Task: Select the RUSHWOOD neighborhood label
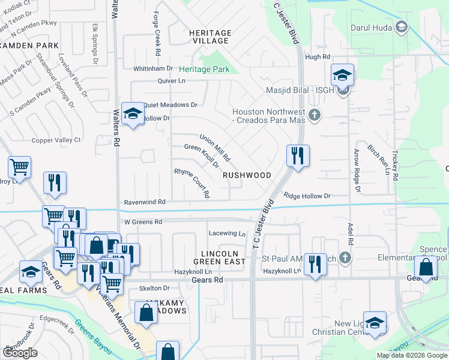pyautogui.click(x=247, y=175)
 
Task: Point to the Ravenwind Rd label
pyautogui.click(x=145, y=203)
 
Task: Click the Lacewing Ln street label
pyautogui.click(x=228, y=233)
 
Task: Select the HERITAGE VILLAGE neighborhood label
pyautogui.click(x=210, y=37)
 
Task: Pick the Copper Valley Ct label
pyautogui.click(x=56, y=140)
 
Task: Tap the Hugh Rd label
pyautogui.click(x=318, y=57)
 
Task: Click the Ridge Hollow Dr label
pyautogui.click(x=307, y=196)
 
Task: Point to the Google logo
pyautogui.click(x=20, y=353)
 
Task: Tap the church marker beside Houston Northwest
pyautogui.click(x=313, y=114)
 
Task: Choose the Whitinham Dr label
pyautogui.click(x=153, y=69)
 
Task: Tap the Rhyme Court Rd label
pyautogui.click(x=192, y=182)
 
